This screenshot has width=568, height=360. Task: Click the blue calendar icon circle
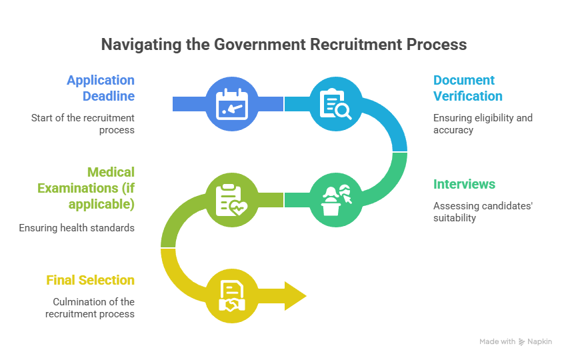point(232,104)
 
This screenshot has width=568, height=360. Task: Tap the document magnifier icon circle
point(336,104)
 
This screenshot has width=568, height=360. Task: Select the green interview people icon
point(336,200)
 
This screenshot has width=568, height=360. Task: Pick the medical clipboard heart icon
point(231,200)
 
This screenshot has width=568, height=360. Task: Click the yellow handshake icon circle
point(232,296)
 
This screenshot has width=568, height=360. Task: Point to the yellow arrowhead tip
point(307,296)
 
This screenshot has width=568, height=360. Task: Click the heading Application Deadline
point(101,88)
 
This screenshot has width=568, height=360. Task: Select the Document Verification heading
point(468,88)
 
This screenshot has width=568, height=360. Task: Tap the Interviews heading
point(464,184)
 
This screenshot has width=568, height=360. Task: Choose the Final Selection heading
point(90,280)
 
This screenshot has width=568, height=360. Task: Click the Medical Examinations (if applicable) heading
point(86,188)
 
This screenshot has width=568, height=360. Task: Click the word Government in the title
point(260,45)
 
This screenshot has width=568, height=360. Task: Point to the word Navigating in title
point(141,45)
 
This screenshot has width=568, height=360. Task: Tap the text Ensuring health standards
point(77,228)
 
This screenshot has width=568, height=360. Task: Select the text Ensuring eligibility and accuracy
point(483,124)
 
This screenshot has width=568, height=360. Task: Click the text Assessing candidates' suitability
point(483,212)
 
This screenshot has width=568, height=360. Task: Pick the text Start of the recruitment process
point(83,124)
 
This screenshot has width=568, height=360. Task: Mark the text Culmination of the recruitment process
point(90,308)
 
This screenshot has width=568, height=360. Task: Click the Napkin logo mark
point(521,342)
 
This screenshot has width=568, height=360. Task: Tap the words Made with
point(497,341)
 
